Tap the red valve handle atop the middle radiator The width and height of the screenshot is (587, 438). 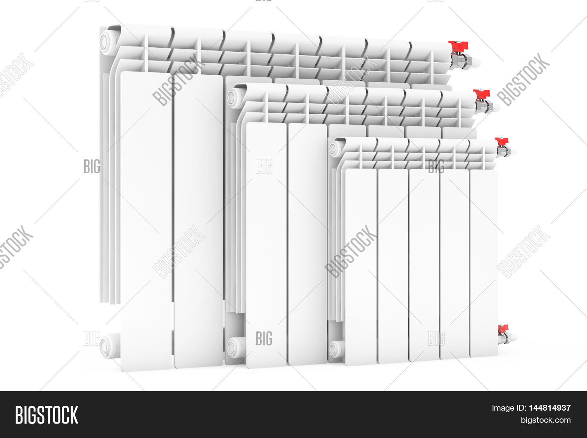(x=481, y=93)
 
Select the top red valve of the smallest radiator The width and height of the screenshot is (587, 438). (x=501, y=141)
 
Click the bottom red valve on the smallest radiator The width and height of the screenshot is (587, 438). (x=503, y=329)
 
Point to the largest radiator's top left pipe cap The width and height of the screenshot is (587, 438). (x=105, y=42)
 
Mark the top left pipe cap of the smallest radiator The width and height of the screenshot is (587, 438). (x=333, y=149)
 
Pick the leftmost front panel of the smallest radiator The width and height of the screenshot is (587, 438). (x=361, y=267)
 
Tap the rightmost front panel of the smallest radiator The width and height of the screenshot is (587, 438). (x=484, y=263)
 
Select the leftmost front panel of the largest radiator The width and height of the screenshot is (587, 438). (x=146, y=221)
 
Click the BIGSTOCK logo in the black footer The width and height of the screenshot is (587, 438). (x=47, y=415)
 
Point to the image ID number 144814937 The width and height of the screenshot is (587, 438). (x=550, y=408)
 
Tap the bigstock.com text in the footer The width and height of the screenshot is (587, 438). (x=546, y=420)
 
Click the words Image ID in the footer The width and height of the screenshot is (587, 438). (x=509, y=408)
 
